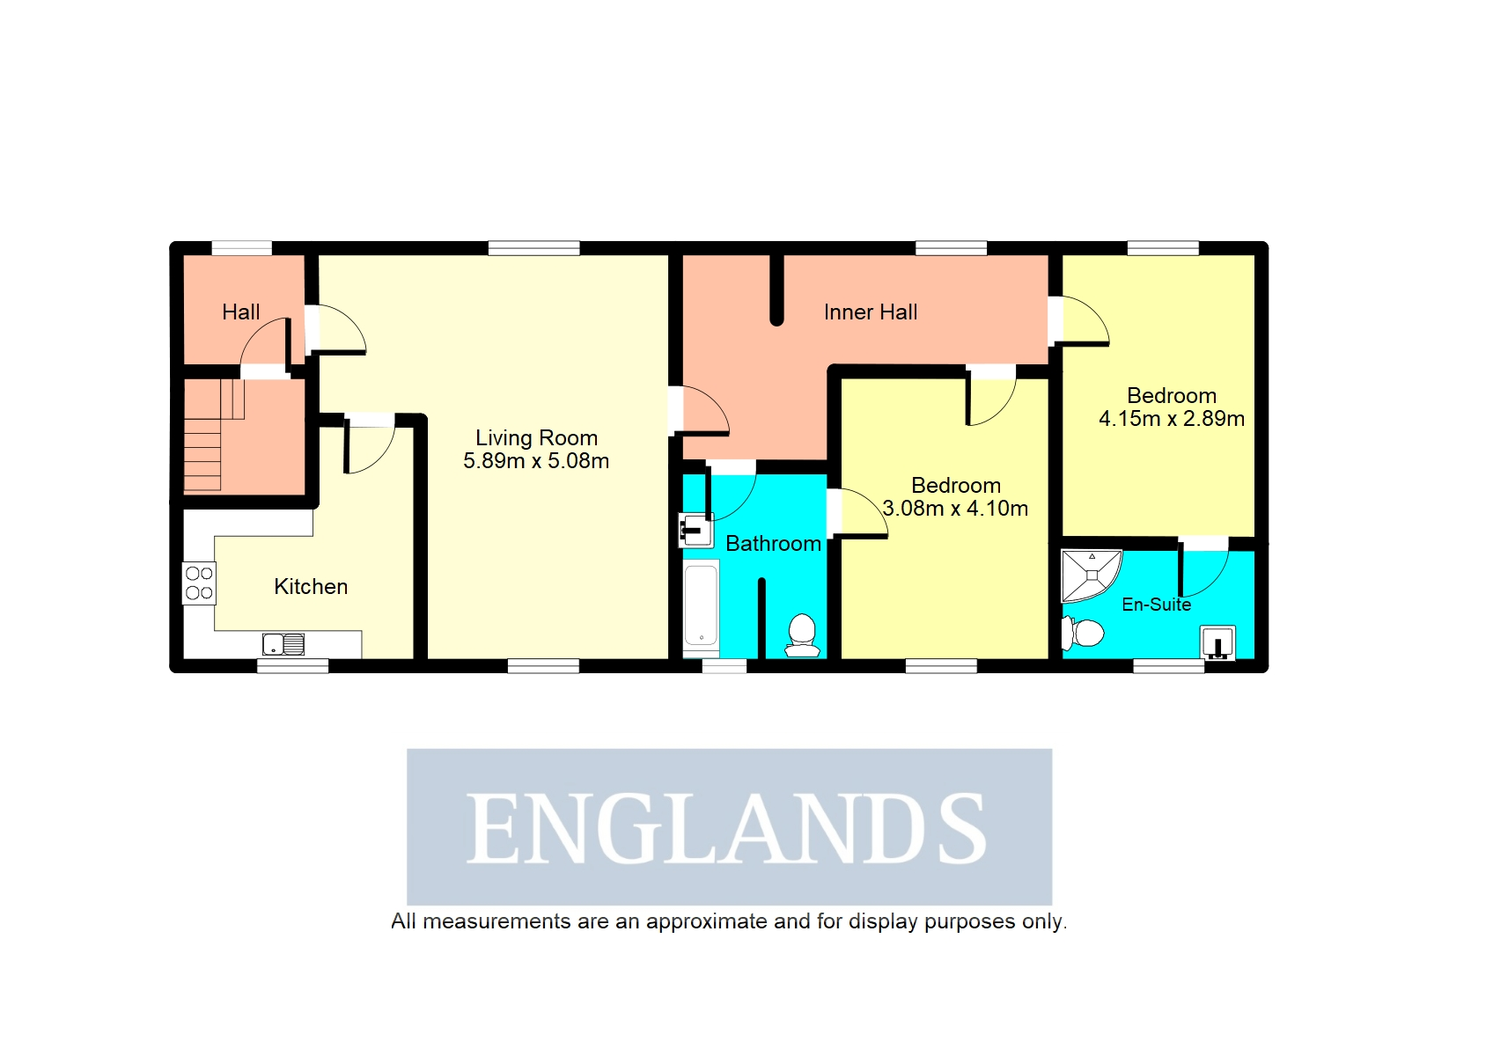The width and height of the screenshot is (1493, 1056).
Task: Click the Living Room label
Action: click(536, 437)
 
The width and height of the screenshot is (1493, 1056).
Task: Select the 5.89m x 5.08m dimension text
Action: click(536, 461)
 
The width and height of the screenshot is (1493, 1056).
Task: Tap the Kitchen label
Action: click(311, 587)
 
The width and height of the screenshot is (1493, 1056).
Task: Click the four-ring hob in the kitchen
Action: click(199, 583)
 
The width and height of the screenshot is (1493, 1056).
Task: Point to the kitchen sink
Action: click(283, 644)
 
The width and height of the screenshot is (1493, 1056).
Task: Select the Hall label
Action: click(240, 312)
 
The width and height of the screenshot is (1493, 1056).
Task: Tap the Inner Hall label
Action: click(870, 312)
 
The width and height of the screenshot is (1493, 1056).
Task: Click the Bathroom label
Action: click(773, 544)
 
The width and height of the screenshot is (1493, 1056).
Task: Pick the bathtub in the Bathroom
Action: click(702, 607)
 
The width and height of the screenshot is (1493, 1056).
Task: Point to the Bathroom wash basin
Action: click(695, 531)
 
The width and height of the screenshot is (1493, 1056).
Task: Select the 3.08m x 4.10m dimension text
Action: click(955, 509)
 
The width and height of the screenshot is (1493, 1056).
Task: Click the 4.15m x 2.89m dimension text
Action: click(1171, 419)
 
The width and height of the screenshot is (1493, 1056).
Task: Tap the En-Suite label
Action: click(1156, 605)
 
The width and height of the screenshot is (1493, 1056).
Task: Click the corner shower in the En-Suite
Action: click(1090, 574)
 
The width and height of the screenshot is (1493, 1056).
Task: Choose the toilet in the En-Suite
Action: click(1083, 633)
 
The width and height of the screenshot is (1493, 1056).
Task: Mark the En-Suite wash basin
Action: click(1218, 643)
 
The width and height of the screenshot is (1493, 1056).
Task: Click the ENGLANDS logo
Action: click(729, 826)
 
